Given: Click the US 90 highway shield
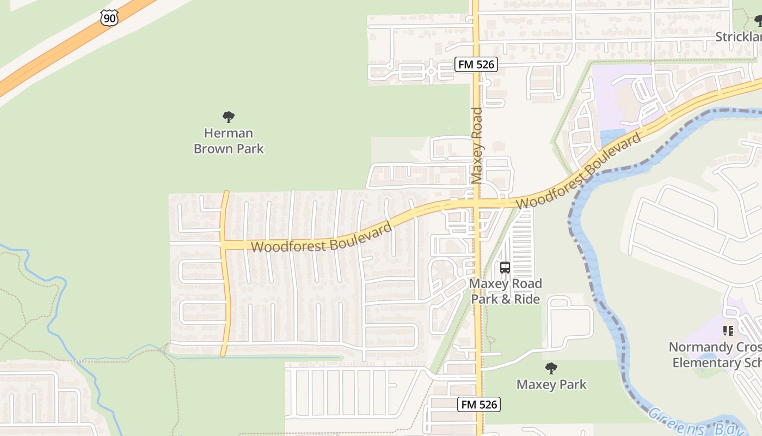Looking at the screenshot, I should [109, 17].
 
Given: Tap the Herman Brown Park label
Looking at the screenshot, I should [229, 141].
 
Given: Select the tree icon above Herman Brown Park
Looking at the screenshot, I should [229, 117].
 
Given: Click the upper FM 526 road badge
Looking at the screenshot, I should [476, 64].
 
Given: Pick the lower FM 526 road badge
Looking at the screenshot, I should [479, 404].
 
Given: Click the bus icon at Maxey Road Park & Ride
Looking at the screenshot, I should [505, 268].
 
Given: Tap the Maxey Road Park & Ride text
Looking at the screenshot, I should [505, 291].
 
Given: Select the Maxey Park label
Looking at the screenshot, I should [551, 384].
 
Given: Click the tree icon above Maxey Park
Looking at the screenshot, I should [551, 368].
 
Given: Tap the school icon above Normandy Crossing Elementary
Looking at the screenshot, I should [728, 330].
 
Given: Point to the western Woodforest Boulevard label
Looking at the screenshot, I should [321, 239].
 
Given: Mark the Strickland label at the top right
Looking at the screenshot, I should [738, 37].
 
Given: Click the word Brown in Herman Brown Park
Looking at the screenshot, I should [213, 148].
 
